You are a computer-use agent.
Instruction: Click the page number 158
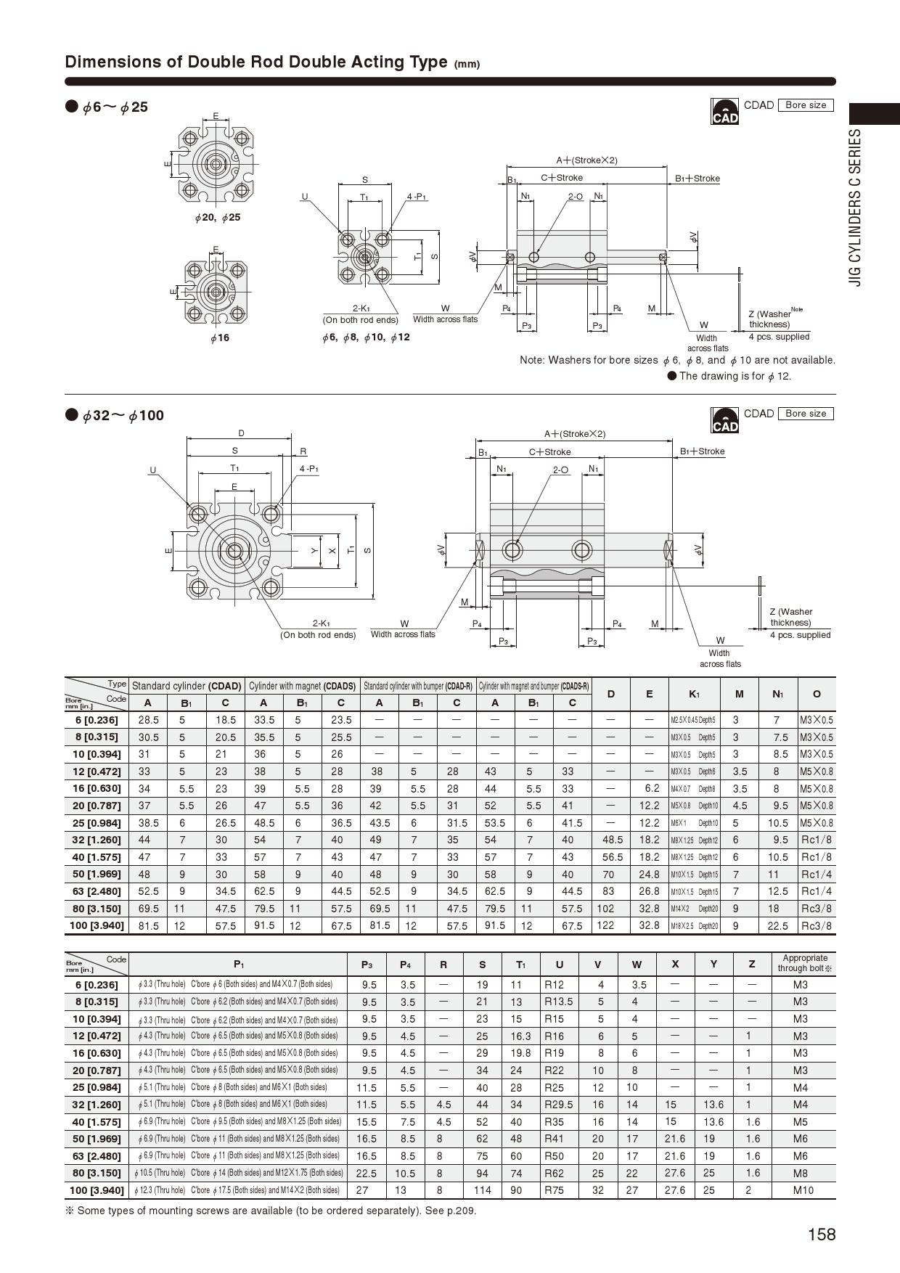[x=822, y=1235]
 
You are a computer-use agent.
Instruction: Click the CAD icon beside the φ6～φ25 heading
[x=724, y=112]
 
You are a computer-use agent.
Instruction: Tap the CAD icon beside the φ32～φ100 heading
[x=724, y=420]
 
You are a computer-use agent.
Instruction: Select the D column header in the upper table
[x=611, y=694]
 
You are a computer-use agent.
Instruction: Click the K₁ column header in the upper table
[x=694, y=694]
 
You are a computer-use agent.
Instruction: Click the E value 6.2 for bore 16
[x=651, y=788]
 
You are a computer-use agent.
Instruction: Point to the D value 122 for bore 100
[x=605, y=925]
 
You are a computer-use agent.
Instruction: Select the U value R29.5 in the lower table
[x=559, y=1104]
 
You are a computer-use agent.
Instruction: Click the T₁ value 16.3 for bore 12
[x=520, y=1036]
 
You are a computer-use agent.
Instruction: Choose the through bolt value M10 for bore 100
[x=803, y=1190]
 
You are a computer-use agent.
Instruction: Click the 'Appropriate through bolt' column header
[x=805, y=963]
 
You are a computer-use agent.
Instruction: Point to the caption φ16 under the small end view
[x=219, y=338]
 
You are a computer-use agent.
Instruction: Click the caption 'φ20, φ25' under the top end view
[x=217, y=218]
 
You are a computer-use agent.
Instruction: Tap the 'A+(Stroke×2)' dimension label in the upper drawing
[x=586, y=160]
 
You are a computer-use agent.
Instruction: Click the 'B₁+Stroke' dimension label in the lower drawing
[x=702, y=451]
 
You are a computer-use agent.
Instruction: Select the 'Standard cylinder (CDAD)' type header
[x=187, y=685]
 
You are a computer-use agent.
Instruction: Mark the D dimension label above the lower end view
[x=241, y=433]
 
